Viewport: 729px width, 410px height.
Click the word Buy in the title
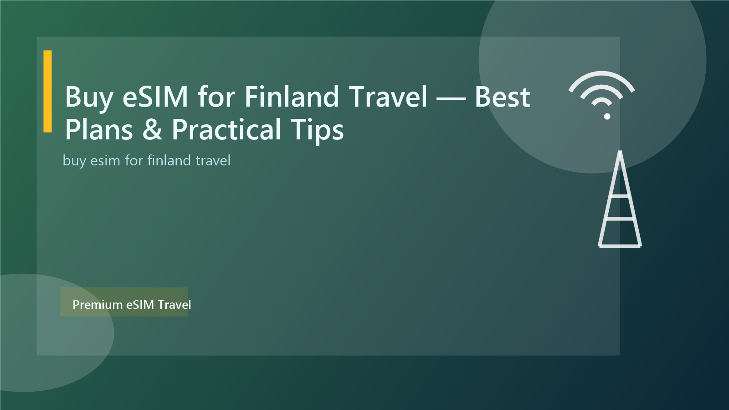[89, 97]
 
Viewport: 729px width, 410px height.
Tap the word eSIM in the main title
[155, 97]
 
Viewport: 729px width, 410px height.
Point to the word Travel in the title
[388, 97]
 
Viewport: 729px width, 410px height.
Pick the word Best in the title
[502, 97]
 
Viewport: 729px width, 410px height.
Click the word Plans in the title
[99, 130]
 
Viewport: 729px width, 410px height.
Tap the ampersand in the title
[152, 130]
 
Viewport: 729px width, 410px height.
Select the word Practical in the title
[226, 130]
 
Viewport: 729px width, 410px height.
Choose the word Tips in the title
[317, 130]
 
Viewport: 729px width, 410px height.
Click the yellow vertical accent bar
[47, 91]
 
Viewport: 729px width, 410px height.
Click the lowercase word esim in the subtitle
[105, 161]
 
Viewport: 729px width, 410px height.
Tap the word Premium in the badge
[98, 304]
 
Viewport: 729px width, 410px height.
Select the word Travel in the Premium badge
[175, 304]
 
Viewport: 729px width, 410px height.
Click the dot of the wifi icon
[607, 117]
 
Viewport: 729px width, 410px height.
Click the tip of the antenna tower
[620, 153]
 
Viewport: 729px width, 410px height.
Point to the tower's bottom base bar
[620, 246]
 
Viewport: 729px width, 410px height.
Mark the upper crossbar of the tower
[620, 196]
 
